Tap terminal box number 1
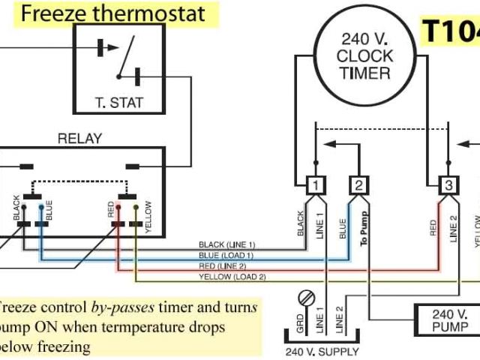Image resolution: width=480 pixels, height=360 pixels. point(316,185)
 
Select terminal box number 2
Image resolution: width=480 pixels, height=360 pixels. point(359,185)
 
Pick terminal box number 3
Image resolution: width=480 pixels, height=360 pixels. point(448,185)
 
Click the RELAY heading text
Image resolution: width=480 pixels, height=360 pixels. point(79,139)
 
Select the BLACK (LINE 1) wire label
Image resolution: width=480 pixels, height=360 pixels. point(226,244)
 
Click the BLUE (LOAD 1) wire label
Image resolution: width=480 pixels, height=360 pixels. point(226,255)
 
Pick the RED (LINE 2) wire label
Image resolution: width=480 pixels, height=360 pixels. point(228,265)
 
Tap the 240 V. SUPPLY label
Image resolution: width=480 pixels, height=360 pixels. point(322,351)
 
